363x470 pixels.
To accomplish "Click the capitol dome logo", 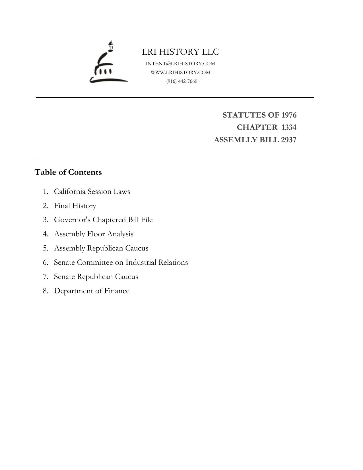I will (x=108, y=63).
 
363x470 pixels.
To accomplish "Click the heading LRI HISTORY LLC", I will (x=180, y=52).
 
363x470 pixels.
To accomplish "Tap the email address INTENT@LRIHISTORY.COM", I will (x=180, y=63).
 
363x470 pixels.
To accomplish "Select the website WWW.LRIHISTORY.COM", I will (x=180, y=72).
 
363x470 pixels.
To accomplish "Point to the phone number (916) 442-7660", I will (x=182, y=81).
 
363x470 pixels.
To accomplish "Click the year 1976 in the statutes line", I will (x=289, y=115).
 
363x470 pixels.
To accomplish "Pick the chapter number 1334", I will (x=289, y=127).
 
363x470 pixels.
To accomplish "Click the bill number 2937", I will (x=288, y=140).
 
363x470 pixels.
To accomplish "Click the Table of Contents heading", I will (x=68, y=172).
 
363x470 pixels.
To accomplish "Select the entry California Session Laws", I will (x=92, y=191).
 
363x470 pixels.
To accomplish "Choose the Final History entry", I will (x=75, y=206).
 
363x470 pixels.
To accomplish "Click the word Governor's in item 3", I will (x=72, y=220).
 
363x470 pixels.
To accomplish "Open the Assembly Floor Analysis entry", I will (x=94, y=234).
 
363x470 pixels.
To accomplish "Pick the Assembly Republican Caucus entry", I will (x=101, y=248).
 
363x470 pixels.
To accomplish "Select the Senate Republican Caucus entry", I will (x=96, y=277).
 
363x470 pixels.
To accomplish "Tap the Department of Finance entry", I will (x=92, y=291).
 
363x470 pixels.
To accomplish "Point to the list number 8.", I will (x=45, y=291).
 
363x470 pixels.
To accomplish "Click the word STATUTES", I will (x=244, y=115).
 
